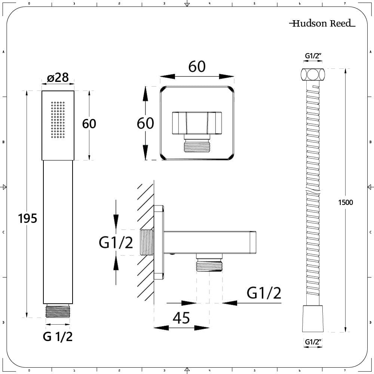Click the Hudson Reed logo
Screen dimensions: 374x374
pyautogui.click(x=322, y=24)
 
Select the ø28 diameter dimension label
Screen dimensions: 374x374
pyautogui.click(x=58, y=77)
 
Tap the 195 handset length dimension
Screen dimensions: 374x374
pyautogui.click(x=28, y=218)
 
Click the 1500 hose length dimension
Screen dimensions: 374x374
pyautogui.click(x=345, y=202)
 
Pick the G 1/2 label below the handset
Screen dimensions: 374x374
pyautogui.click(x=58, y=337)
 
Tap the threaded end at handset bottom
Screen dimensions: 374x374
pyautogui.click(x=58, y=311)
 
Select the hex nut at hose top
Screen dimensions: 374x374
pyautogui.click(x=313, y=74)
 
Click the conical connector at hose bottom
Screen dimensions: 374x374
pyautogui.click(x=313, y=318)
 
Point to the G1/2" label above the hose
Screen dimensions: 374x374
pyautogui.click(x=313, y=56)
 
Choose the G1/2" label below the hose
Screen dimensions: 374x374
pyautogui.click(x=313, y=341)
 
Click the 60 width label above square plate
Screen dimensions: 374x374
pyautogui.click(x=197, y=67)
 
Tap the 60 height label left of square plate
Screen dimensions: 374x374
pyautogui.click(x=145, y=123)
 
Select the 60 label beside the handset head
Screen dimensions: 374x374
pyautogui.click(x=89, y=123)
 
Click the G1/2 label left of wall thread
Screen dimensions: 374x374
pyautogui.click(x=116, y=243)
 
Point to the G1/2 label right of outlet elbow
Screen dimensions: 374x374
pyautogui.click(x=264, y=293)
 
